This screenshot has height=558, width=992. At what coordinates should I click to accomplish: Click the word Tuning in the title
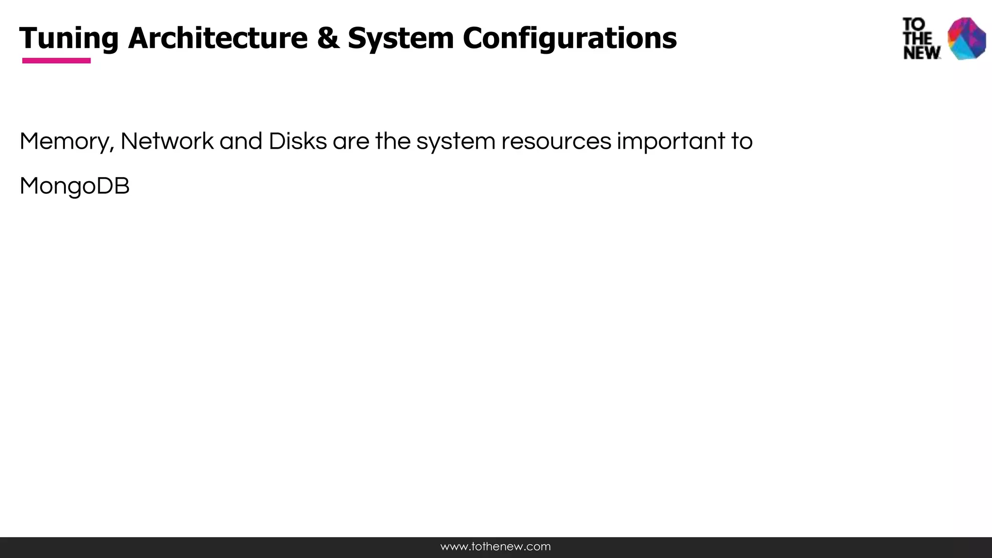(69, 38)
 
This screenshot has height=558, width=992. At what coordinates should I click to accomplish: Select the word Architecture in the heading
(218, 38)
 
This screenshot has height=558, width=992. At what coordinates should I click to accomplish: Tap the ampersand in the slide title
(328, 38)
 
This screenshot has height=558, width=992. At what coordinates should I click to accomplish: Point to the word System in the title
(401, 38)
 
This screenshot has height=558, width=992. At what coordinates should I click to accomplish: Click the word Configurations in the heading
(570, 38)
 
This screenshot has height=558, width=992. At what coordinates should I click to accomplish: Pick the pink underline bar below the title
(56, 61)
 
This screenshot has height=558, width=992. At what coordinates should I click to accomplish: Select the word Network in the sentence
(167, 141)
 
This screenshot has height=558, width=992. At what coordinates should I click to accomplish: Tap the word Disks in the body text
(297, 141)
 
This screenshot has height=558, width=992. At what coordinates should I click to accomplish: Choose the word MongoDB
(75, 186)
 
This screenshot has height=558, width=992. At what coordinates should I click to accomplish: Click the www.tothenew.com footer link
(496, 547)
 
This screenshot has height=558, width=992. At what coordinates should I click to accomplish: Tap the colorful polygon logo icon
(967, 39)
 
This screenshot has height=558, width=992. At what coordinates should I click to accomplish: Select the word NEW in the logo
(922, 53)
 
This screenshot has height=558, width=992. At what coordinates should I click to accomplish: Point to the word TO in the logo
(914, 24)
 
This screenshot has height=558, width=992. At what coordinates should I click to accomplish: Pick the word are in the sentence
(351, 141)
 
